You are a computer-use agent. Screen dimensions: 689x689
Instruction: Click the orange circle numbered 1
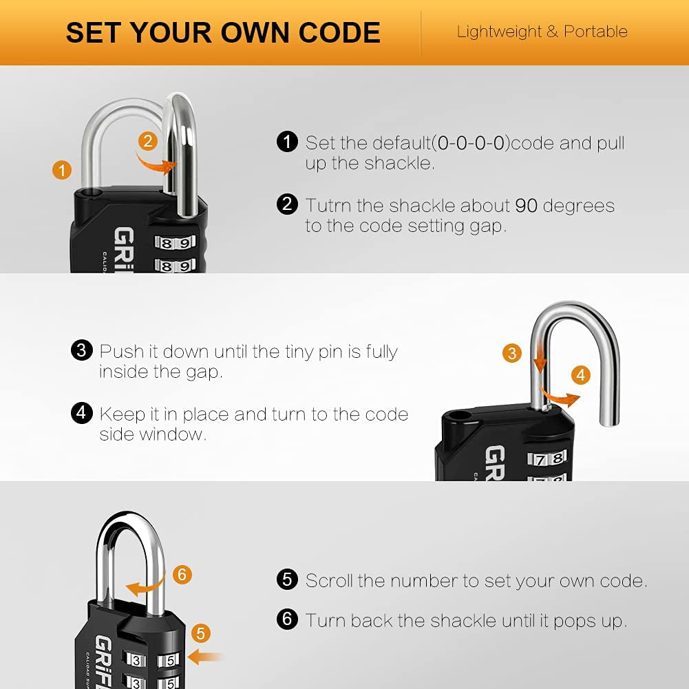pos(62,169)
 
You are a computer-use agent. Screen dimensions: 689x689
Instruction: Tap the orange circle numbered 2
pos(147,141)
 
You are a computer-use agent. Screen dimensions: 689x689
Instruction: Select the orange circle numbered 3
pos(511,354)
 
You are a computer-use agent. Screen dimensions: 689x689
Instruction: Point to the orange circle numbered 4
pos(582,375)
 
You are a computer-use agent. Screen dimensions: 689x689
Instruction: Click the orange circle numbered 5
pos(200,633)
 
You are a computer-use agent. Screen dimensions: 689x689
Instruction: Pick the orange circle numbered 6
pos(182,575)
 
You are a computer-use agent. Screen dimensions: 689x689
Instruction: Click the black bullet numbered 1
pos(286,142)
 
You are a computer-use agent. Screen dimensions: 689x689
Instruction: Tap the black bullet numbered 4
pos(81,413)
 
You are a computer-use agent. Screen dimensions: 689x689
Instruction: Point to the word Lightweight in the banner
pos(498,32)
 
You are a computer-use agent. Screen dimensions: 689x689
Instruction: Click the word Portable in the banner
pos(595,32)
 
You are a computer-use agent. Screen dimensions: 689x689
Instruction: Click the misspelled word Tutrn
pos(330,206)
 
